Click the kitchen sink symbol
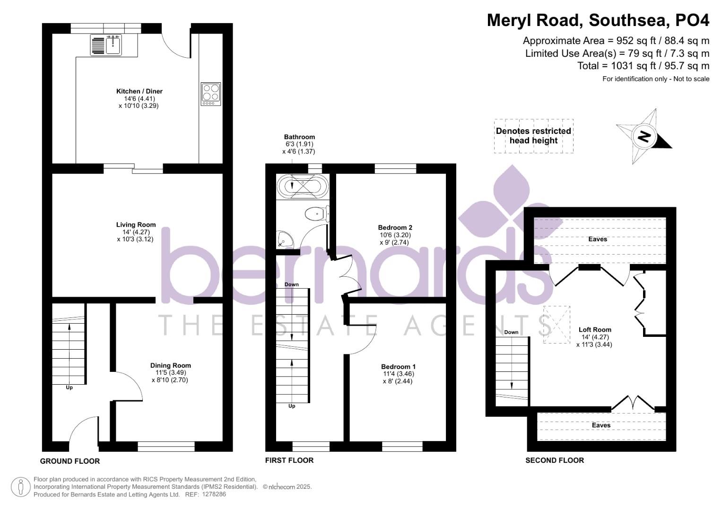pos(106,45)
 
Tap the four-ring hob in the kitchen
pos(211,94)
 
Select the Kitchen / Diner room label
pos(139,91)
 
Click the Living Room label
pos(136,225)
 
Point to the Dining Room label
pos(170,365)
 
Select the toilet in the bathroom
pos(315,214)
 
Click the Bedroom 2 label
pos(395,228)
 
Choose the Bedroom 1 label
pos(398,367)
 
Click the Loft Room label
pos(595,330)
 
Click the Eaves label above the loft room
pos(598,239)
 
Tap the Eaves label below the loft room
pos(601,425)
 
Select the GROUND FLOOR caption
pos(70,461)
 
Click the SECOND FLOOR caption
pos(555,460)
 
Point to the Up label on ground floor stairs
pos(69,388)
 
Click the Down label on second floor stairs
pos(511,332)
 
